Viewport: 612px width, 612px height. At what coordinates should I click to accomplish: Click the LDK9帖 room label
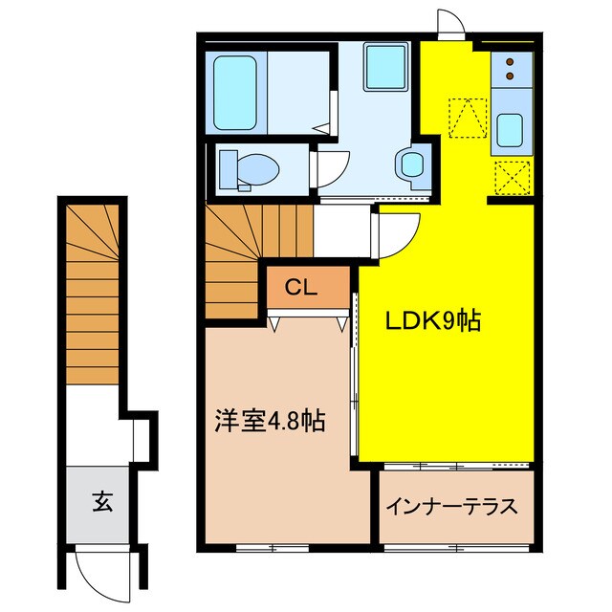tap(433, 321)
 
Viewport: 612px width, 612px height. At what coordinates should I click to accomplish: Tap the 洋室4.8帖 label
tap(270, 421)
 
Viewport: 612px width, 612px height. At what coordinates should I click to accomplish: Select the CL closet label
tap(300, 288)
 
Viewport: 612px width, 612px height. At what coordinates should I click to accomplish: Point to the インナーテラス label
tap(451, 507)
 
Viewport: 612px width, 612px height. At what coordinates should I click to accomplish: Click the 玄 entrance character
tap(102, 502)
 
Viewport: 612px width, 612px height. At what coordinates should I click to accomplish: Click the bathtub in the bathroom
tap(234, 93)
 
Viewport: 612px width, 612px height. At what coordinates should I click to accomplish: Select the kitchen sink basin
tap(510, 130)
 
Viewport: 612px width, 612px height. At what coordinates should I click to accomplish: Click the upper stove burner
tap(510, 62)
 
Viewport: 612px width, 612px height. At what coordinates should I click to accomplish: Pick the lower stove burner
tap(510, 76)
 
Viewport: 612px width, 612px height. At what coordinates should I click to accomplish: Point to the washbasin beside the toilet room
tap(412, 164)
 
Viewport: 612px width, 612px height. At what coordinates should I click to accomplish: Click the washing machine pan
tap(386, 67)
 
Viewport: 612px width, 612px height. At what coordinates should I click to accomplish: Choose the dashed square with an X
tap(513, 178)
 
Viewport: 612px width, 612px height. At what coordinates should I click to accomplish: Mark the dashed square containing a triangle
tap(468, 118)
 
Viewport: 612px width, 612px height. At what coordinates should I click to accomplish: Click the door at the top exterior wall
tap(451, 22)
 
